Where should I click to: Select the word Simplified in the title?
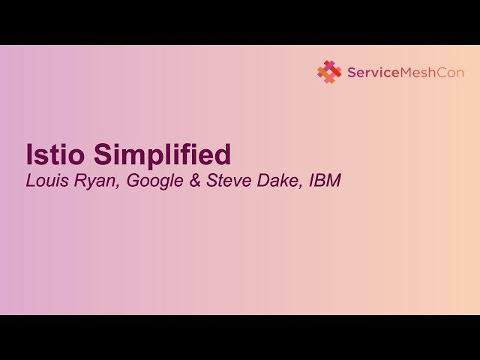click(162, 155)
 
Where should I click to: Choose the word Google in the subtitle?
click(155, 181)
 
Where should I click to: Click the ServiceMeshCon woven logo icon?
click(329, 72)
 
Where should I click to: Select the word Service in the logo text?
click(371, 73)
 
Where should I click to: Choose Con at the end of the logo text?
click(451, 73)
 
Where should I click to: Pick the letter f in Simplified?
click(193, 154)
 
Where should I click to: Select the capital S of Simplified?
click(102, 154)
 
